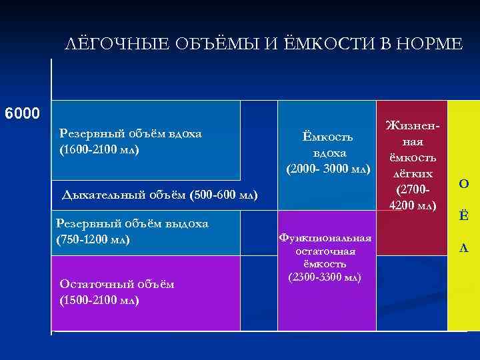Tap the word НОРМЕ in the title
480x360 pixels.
coord(427,45)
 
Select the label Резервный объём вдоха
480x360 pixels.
coord(130,133)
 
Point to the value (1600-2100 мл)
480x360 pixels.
coord(99,149)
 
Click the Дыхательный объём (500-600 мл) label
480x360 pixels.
coord(159,195)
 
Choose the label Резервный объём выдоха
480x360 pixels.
coord(133,223)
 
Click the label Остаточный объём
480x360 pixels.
coord(117,284)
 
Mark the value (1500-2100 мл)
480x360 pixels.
coord(99,300)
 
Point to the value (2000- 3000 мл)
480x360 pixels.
coord(327,169)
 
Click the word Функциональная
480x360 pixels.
coord(325,238)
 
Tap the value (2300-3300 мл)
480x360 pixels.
coord(325,277)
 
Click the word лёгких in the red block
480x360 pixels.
coord(411,173)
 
